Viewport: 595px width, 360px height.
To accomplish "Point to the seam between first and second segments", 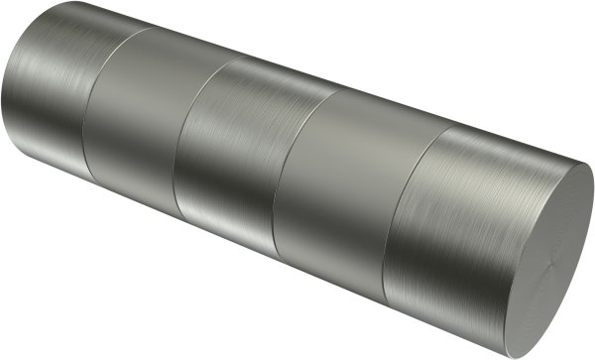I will pyautogui.click(x=86, y=109).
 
